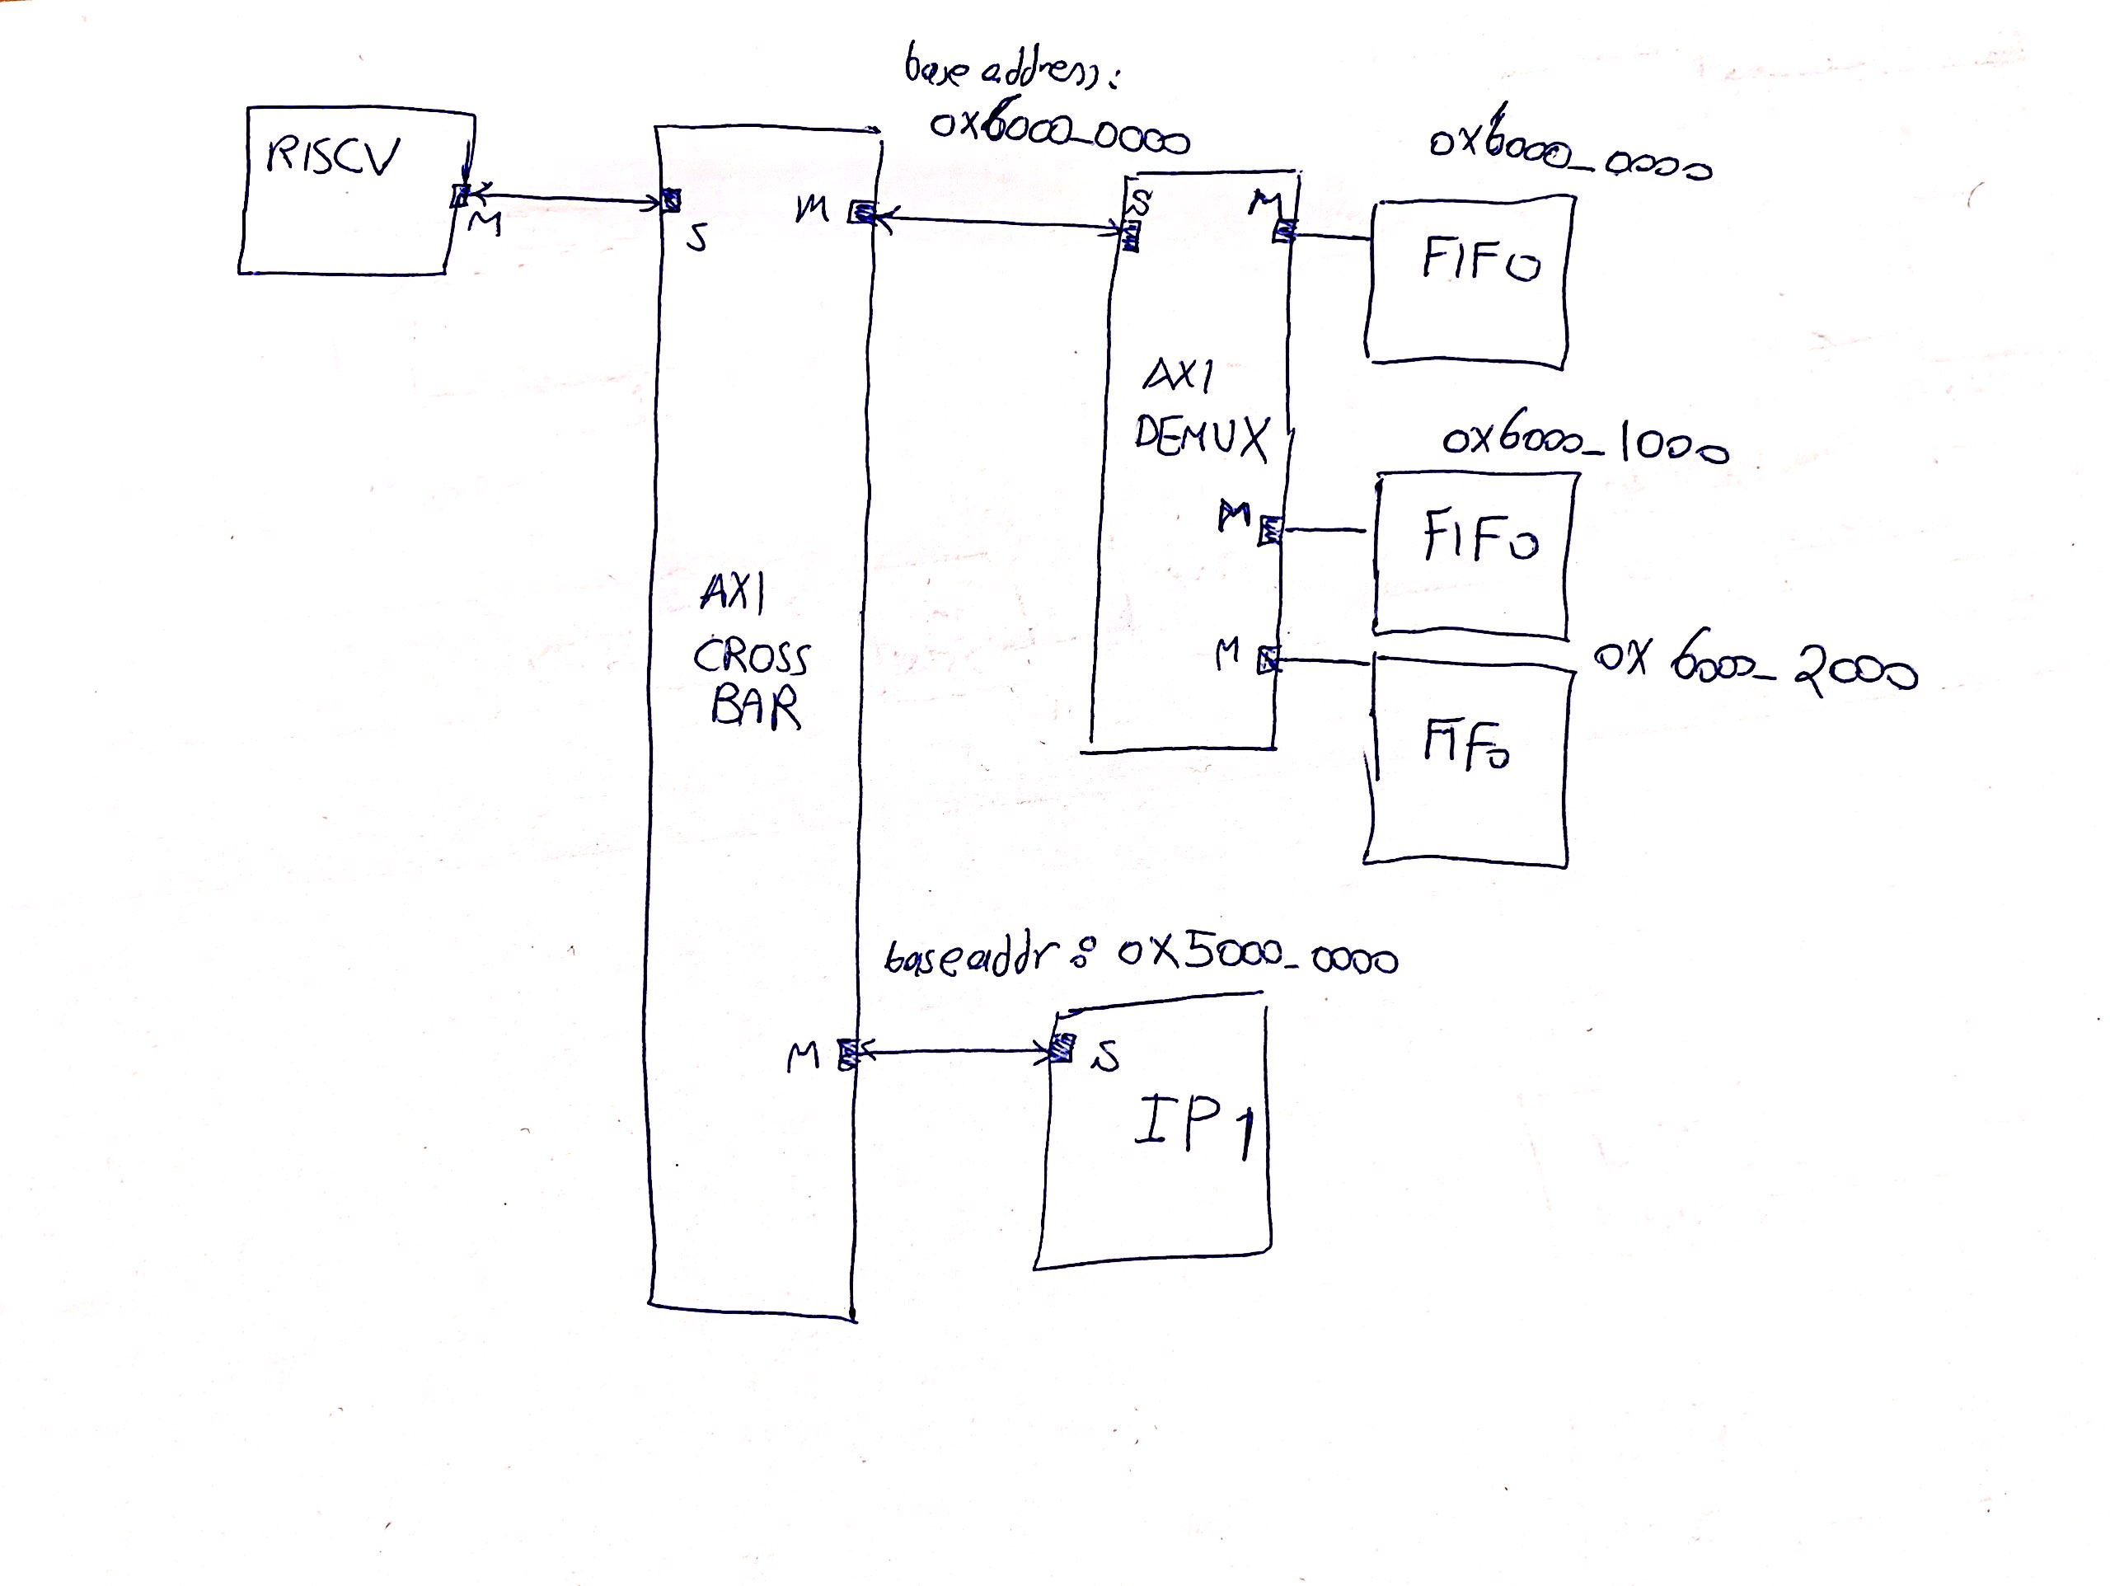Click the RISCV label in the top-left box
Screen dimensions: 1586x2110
[331, 157]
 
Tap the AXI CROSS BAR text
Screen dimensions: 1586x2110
[752, 655]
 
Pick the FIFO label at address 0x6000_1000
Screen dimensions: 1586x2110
[1479, 537]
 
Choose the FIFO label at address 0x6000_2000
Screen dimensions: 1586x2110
[1466, 744]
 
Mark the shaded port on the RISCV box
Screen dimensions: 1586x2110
[460, 196]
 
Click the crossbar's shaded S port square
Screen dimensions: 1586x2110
[672, 200]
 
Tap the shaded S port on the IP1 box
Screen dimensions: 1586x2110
[1061, 1049]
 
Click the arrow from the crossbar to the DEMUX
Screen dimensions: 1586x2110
[996, 223]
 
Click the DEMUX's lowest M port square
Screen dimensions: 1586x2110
[1268, 659]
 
